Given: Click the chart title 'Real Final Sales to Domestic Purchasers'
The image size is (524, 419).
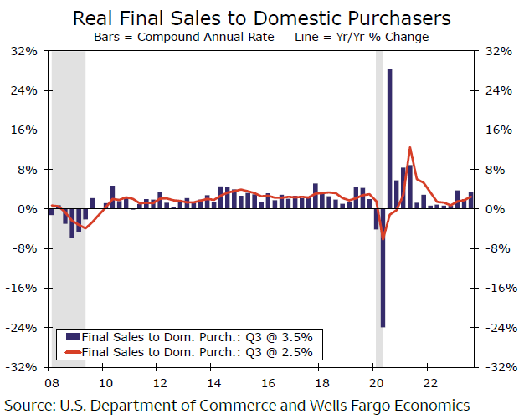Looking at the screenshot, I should click(x=261, y=18).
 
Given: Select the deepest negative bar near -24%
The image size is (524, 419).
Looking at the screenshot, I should click(x=383, y=268).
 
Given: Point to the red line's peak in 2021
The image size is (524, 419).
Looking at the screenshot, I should click(x=410, y=148).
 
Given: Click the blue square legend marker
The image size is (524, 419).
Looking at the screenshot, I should click(x=74, y=336).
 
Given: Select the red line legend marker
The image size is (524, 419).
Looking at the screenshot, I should click(x=74, y=351).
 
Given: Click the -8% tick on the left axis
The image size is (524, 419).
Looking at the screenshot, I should click(x=28, y=248).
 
